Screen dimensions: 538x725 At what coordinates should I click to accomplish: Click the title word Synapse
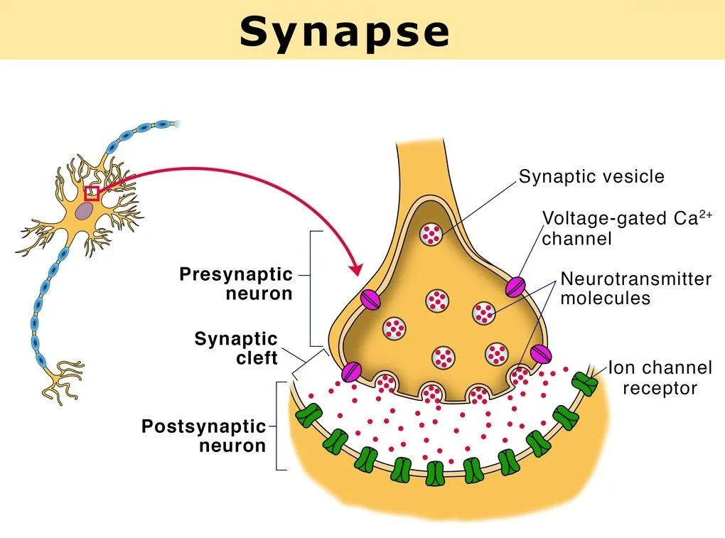click(344, 32)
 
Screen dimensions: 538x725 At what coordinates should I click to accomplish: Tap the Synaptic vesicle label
click(591, 176)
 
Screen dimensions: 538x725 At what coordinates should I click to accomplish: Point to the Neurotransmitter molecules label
click(635, 288)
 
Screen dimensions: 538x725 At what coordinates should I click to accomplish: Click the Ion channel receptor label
click(660, 378)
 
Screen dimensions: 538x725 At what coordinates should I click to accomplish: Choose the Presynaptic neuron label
click(235, 283)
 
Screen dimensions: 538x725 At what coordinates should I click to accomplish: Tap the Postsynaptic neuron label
click(203, 436)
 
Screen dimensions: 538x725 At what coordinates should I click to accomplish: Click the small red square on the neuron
click(92, 193)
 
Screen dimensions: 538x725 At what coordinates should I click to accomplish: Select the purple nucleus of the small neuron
click(85, 210)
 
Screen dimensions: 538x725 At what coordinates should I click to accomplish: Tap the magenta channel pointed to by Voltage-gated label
click(515, 286)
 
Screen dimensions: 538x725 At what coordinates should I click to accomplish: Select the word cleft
click(257, 357)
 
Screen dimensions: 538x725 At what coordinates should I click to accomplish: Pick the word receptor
click(660, 388)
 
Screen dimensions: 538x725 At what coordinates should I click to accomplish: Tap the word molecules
click(605, 298)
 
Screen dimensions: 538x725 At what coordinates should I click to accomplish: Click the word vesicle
click(628, 176)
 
